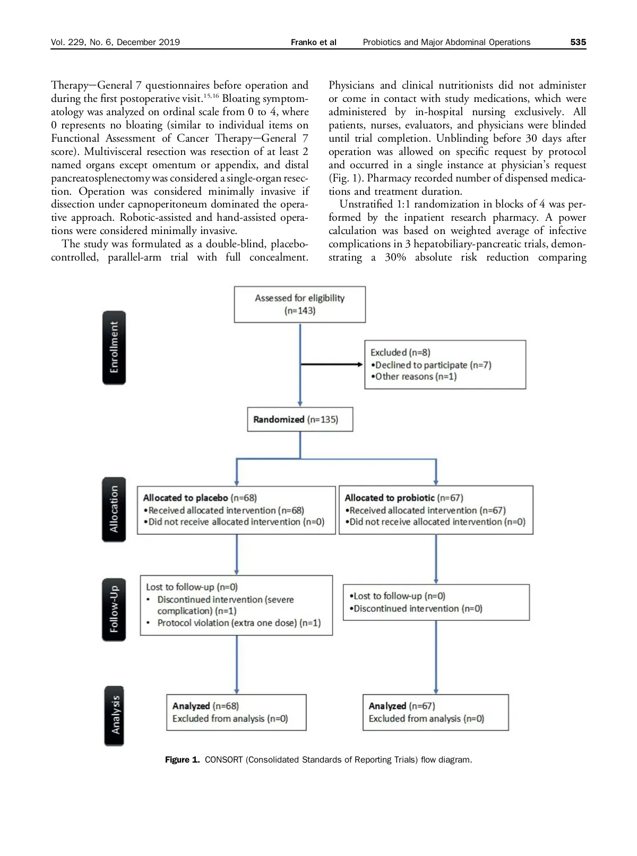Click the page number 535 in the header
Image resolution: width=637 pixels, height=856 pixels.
[x=578, y=42]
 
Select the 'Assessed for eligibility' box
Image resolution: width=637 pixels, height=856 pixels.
[x=299, y=304]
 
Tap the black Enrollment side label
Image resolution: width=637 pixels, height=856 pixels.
[x=114, y=348]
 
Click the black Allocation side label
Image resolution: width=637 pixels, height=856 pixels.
[x=114, y=509]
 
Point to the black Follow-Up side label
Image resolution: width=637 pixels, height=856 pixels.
[x=114, y=609]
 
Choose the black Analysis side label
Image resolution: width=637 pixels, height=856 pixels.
[x=114, y=715]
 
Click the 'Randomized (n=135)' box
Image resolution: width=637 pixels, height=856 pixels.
[x=300, y=419]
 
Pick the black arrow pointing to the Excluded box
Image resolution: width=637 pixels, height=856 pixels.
[x=332, y=365]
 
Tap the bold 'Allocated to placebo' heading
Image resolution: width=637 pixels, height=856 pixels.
[x=185, y=498]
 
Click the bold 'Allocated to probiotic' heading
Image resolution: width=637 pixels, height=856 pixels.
[x=389, y=498]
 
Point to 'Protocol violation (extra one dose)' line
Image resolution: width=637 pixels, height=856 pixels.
[x=239, y=623]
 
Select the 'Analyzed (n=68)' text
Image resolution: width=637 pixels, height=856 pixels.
[x=205, y=706]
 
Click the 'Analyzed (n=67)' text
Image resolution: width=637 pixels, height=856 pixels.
[x=402, y=706]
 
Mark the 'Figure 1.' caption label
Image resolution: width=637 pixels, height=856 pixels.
[x=182, y=760]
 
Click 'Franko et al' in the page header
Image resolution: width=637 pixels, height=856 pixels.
[x=313, y=42]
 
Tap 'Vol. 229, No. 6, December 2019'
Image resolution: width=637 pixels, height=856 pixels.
[x=115, y=42]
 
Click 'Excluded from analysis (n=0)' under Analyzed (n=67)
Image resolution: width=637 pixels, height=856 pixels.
[x=426, y=719]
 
